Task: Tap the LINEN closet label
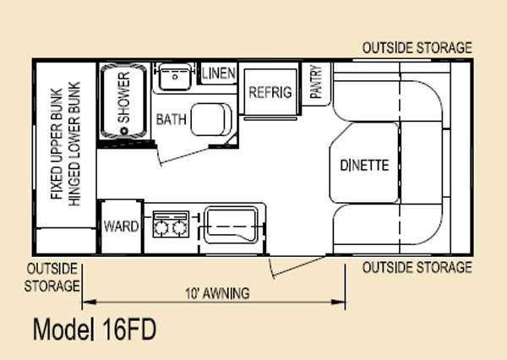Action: click(x=219, y=74)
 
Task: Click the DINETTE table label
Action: click(x=364, y=165)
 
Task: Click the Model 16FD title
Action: click(x=94, y=329)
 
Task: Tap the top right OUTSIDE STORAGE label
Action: click(x=417, y=48)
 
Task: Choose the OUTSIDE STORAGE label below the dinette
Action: click(x=417, y=268)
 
